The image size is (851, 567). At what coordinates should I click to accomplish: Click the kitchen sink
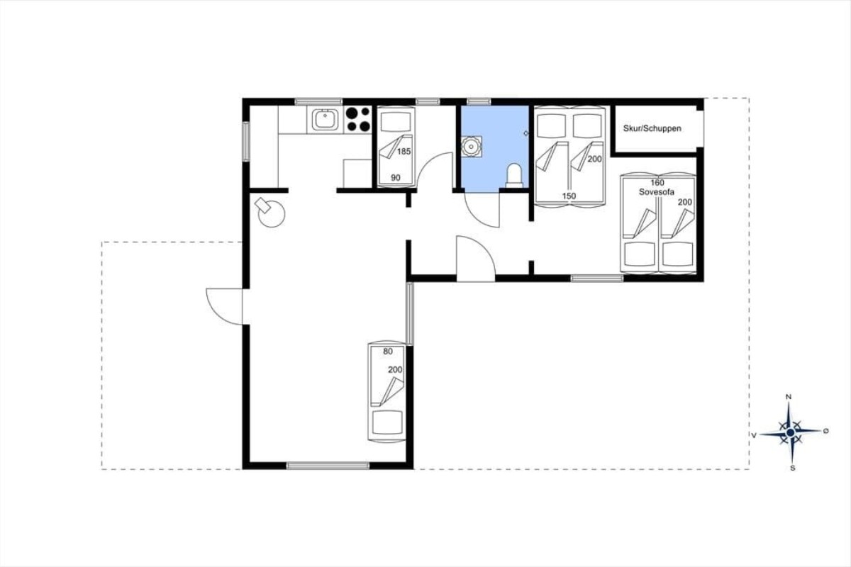coord(326,120)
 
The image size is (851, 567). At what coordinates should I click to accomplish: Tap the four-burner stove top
coord(358,120)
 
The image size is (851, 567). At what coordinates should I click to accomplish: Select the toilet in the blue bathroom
coord(514,176)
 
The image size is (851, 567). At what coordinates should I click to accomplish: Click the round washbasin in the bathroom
coord(472,146)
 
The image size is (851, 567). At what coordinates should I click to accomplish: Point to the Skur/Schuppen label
coord(652,128)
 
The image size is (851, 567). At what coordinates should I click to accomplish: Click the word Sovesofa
coord(657,192)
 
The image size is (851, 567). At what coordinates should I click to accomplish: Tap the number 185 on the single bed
coord(404,152)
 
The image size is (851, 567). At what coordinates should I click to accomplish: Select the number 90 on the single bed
coord(396,178)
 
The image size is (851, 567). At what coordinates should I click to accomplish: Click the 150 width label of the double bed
coord(569,196)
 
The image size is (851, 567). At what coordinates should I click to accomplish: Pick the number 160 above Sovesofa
coord(657,183)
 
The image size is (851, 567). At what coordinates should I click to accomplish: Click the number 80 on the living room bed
coord(387,352)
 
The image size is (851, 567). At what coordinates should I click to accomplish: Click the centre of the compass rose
coord(791,432)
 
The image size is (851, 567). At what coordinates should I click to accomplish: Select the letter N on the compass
coord(789,397)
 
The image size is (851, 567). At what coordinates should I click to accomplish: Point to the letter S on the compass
coord(793,468)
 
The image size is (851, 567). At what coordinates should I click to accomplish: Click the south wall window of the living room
coord(328,466)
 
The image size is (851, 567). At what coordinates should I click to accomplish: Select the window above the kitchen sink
coord(318,101)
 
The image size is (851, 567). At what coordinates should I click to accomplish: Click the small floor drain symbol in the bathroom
coord(525,133)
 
